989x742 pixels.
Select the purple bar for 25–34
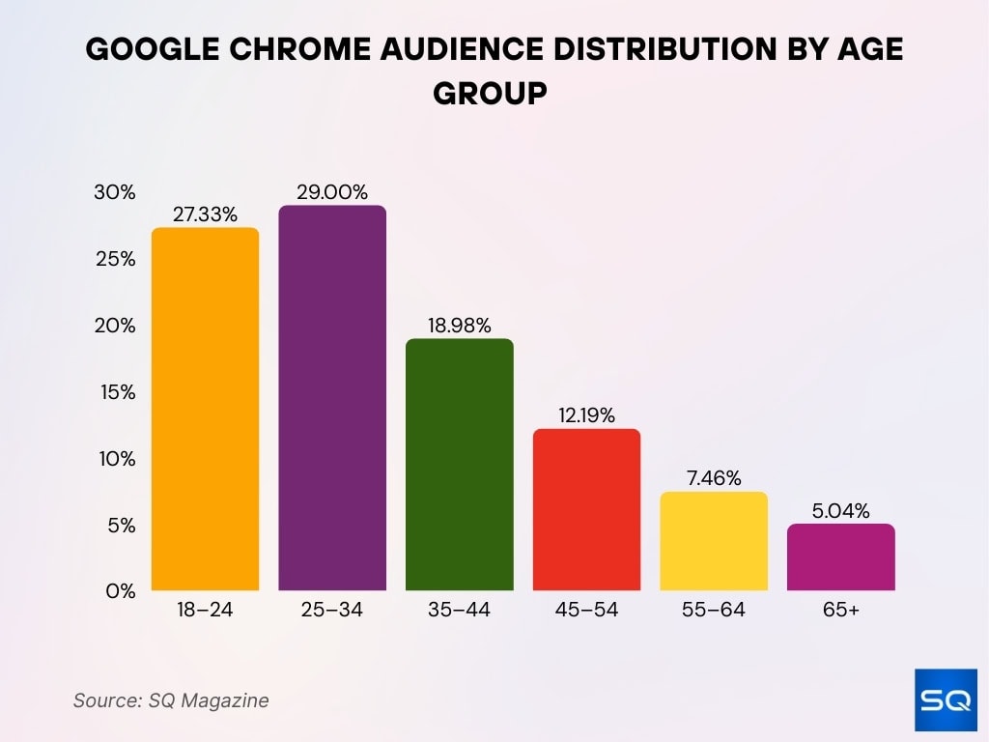[x=332, y=398]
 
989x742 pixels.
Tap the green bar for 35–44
[x=459, y=465]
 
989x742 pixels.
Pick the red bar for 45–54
[x=586, y=509]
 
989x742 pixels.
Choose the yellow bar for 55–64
[x=714, y=541]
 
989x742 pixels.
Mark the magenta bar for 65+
[x=841, y=557]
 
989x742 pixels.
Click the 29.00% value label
[x=332, y=192]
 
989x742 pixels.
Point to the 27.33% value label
[x=205, y=214]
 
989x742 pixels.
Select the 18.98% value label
[x=459, y=326]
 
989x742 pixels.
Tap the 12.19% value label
[x=586, y=415]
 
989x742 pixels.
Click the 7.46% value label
[x=714, y=478]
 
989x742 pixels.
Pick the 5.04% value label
[x=841, y=510]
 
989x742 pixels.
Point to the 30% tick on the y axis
[x=114, y=192]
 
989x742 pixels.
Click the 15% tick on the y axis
[x=115, y=392]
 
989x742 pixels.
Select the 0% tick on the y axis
[x=120, y=591]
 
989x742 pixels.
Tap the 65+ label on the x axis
[x=841, y=611]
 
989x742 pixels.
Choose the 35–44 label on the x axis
[x=459, y=611]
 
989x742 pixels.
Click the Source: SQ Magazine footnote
[x=171, y=700]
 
